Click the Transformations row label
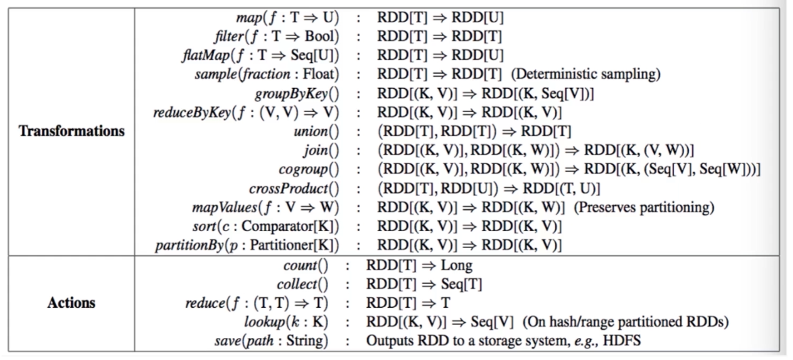[x=72, y=131]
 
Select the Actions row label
[x=72, y=303]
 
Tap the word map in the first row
[x=246, y=18]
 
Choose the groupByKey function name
[x=292, y=93]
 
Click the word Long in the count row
[x=456, y=265]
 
